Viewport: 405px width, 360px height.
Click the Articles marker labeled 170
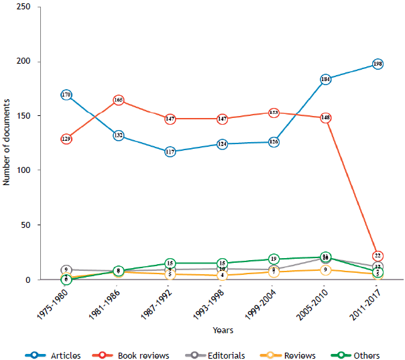pos(66,95)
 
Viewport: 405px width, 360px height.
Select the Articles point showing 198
pos(378,64)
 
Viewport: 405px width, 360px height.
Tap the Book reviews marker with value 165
pos(118,100)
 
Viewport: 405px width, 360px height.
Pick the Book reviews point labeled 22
pos(378,255)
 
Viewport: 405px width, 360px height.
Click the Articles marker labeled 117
pos(170,152)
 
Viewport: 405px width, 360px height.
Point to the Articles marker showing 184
pos(326,79)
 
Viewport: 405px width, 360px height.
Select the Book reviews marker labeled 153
pos(274,113)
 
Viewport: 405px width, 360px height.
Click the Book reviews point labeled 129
pos(66,139)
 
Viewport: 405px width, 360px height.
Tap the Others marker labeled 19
pos(274,259)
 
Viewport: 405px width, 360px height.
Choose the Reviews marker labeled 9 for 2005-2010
pos(326,269)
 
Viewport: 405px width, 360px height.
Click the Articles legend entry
pos(51,355)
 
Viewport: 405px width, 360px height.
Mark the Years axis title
pos(223,330)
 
